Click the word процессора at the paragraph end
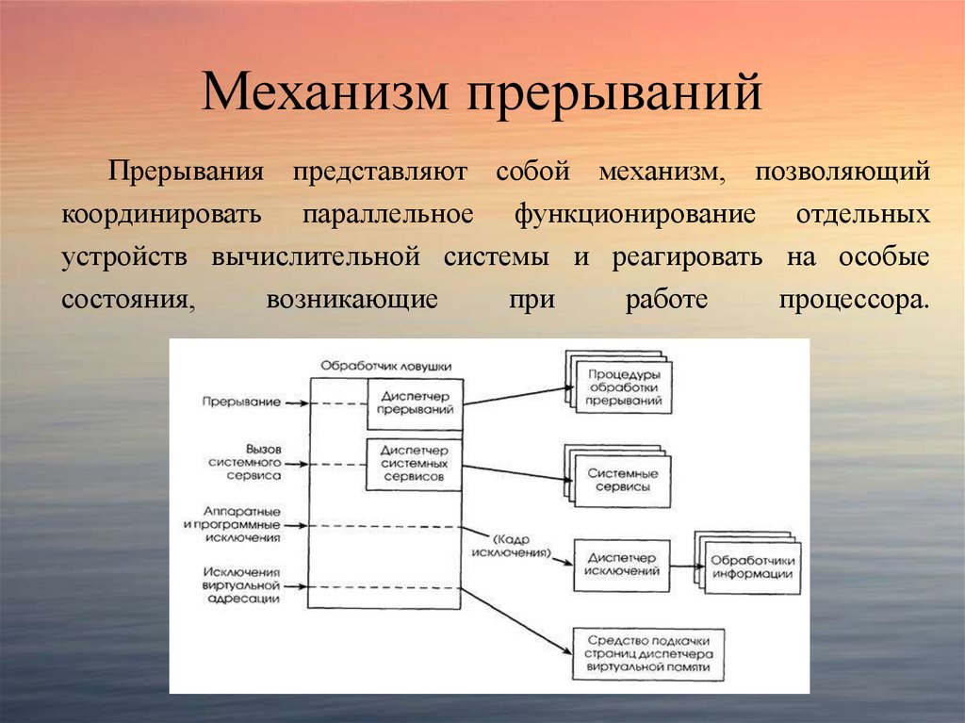coord(854,300)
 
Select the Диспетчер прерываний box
coord(415,403)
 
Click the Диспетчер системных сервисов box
coord(415,464)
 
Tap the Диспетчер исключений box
coord(621,564)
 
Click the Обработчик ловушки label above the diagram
coord(385,365)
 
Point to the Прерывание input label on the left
coord(241,402)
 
